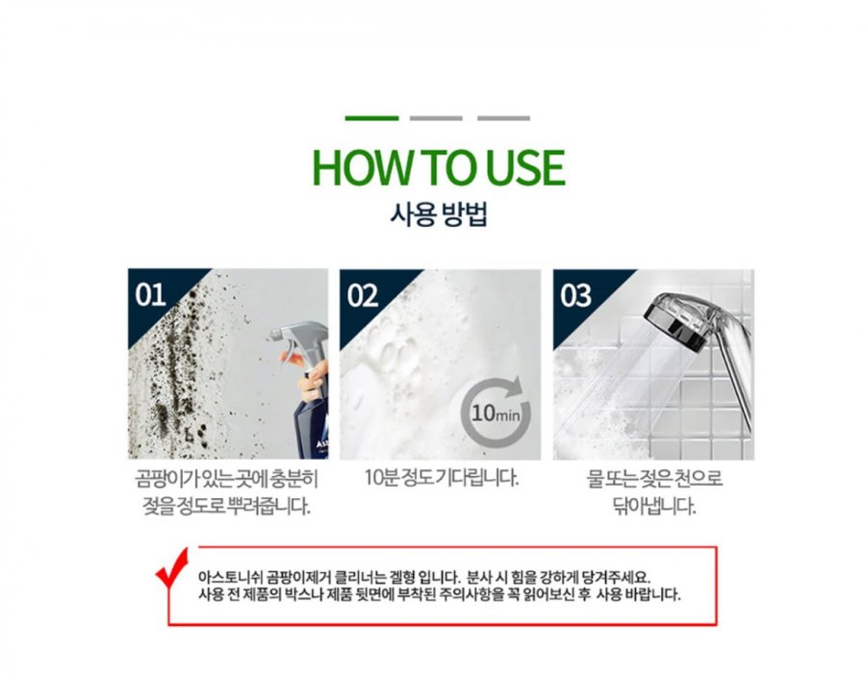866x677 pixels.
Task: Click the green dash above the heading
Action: point(371,118)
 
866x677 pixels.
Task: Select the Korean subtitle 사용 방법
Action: point(439,214)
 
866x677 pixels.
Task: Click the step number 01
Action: point(150,294)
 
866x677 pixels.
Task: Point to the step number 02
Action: point(363,295)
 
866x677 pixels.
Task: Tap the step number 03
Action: point(575,295)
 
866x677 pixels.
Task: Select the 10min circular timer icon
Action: point(495,411)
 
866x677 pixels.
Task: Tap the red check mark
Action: point(173,568)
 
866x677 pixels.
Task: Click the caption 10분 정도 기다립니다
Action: point(442,478)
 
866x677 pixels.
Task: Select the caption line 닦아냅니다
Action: point(654,506)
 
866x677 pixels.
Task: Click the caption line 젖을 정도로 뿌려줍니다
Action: point(226,506)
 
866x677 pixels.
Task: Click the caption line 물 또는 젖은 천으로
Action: point(654,478)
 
